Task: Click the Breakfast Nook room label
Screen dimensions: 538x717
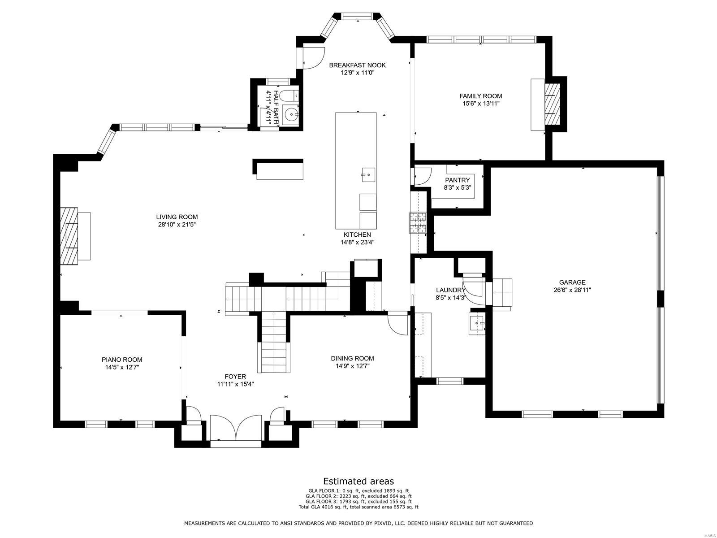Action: [357, 65]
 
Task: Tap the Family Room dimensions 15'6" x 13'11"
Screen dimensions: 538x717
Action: [481, 104]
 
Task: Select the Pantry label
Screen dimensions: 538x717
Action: [457, 180]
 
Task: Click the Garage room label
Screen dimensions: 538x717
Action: [572, 282]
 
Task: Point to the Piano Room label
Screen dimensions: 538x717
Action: [122, 360]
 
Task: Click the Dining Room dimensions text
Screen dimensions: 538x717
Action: [352, 366]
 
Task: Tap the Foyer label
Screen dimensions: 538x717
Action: [235, 377]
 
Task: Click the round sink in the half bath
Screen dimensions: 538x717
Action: [293, 115]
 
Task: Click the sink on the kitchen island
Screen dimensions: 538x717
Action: [368, 173]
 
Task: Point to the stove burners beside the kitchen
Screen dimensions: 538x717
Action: [419, 223]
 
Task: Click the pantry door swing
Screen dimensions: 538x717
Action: [422, 176]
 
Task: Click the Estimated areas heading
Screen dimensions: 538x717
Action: [358, 481]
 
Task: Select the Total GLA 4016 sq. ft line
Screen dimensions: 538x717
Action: [358, 507]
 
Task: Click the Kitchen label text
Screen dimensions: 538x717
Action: [357, 234]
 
